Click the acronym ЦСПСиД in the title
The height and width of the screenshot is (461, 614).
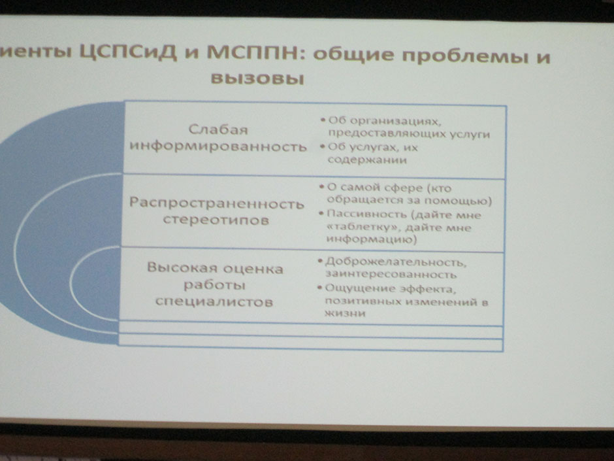[x=129, y=52]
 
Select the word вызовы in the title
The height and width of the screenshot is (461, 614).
[x=257, y=78]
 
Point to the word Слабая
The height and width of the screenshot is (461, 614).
[x=218, y=129]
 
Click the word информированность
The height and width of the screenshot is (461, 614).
[x=218, y=146]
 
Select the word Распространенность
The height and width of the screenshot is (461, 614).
[x=217, y=203]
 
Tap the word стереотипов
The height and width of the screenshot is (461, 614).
[x=216, y=220]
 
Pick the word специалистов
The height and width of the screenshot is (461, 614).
[x=214, y=301]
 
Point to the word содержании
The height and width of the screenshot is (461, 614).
[x=367, y=160]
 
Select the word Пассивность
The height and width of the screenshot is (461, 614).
[x=366, y=214]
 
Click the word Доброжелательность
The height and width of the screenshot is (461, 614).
[x=395, y=262]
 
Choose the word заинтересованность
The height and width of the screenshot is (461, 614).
[x=391, y=274]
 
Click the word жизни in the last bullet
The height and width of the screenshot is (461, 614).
[x=345, y=313]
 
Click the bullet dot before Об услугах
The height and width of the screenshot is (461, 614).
[x=323, y=146]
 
